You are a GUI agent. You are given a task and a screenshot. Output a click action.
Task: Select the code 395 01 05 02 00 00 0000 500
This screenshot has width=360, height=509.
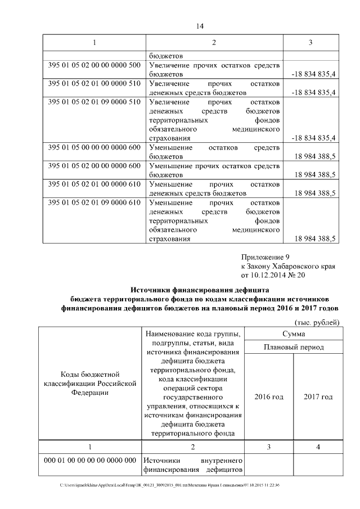click(94, 65)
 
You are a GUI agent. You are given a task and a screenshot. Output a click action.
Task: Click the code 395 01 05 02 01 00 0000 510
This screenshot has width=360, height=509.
click(94, 83)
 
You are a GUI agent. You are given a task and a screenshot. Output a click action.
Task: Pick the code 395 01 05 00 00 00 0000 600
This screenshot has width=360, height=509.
click(94, 147)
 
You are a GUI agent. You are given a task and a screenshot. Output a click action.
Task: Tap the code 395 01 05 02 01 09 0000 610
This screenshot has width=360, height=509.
click(94, 202)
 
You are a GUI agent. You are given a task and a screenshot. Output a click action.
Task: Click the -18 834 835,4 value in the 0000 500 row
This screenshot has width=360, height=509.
click(313, 74)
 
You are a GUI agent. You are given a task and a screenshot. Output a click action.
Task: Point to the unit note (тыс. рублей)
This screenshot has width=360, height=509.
click(317, 322)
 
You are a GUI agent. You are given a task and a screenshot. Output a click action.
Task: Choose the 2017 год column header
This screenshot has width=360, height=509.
click(318, 397)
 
